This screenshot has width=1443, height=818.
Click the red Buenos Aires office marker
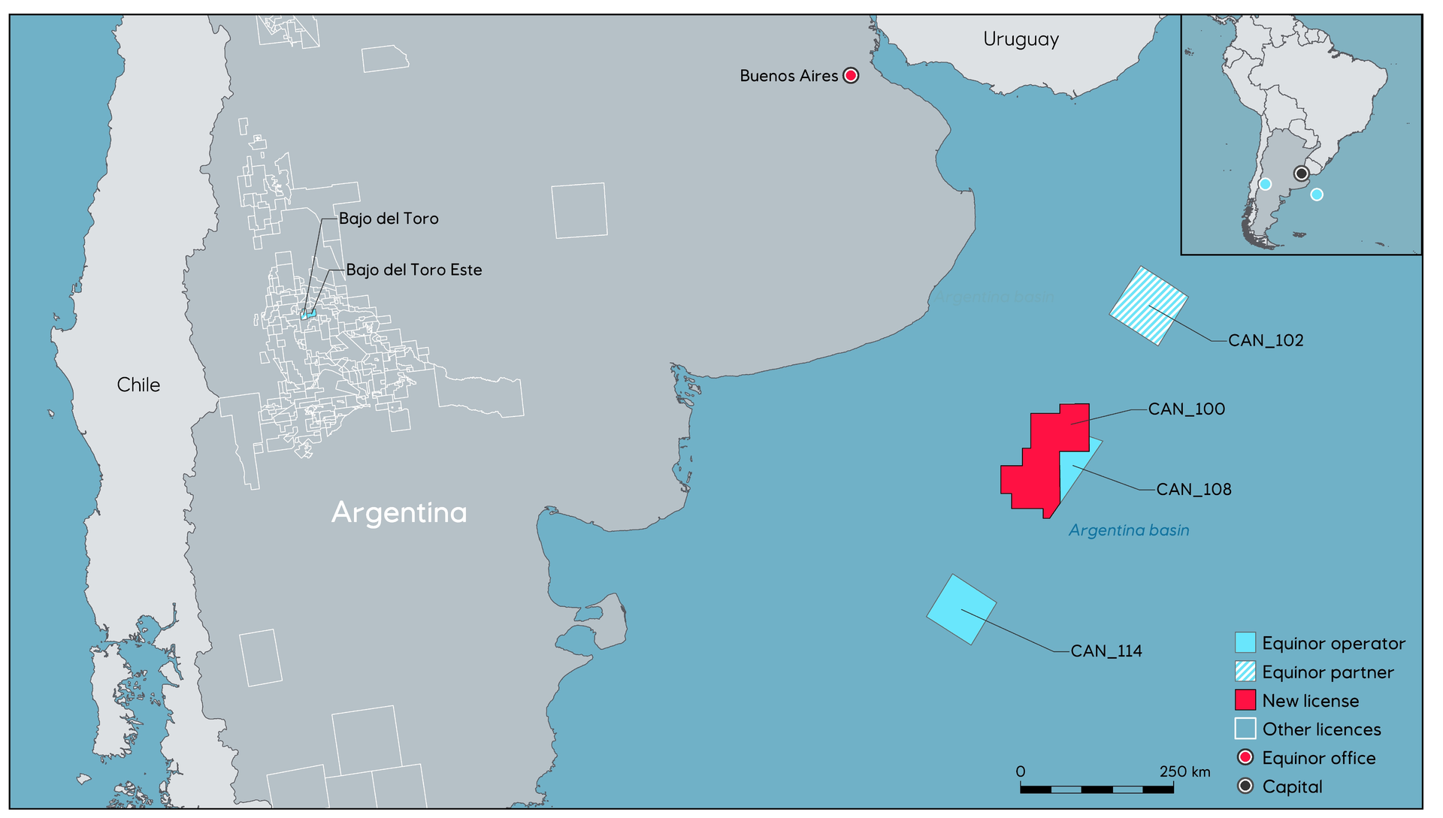click(x=851, y=75)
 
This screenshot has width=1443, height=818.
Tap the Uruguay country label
click(x=1021, y=39)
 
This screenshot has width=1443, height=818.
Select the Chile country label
click(x=138, y=385)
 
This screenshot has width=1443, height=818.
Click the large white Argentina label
click(x=399, y=512)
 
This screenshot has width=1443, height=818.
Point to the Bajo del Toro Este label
click(x=414, y=270)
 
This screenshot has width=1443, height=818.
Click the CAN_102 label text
click(x=1266, y=340)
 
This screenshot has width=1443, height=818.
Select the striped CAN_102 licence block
click(x=1148, y=306)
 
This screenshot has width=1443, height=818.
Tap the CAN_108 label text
click(x=1193, y=489)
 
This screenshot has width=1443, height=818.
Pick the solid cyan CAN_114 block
click(x=961, y=609)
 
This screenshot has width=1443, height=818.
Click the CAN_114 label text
click(x=1106, y=650)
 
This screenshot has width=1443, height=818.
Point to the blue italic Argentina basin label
click(x=1129, y=530)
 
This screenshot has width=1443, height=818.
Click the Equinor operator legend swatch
click(x=1245, y=643)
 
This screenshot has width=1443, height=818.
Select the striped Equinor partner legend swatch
click(x=1245, y=672)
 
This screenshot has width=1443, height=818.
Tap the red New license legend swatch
click(x=1245, y=700)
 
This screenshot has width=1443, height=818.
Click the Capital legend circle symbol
click(x=1245, y=786)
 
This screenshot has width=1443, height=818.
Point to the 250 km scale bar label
click(x=1184, y=771)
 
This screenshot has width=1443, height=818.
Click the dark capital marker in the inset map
click(x=1301, y=174)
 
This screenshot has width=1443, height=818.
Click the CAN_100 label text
click(x=1187, y=409)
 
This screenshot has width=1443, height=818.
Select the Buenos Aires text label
click(x=788, y=76)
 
